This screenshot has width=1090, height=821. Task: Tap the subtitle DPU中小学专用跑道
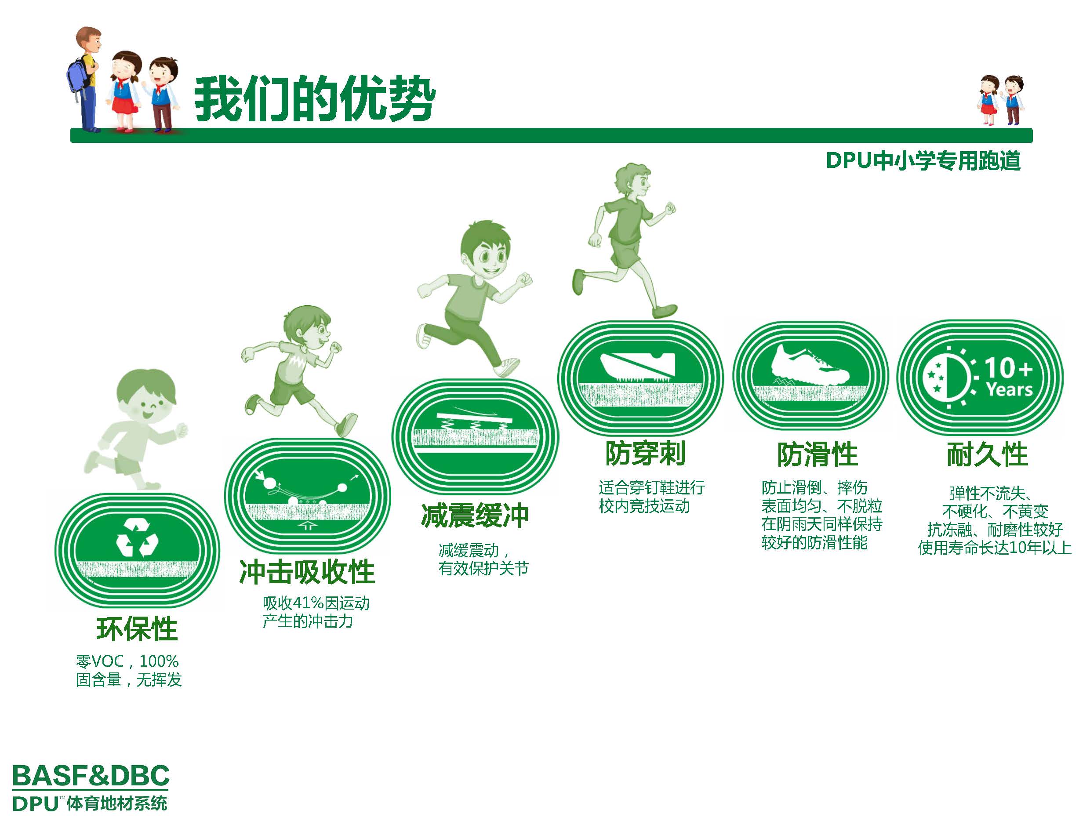click(x=923, y=161)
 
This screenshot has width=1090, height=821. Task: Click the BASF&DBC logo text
click(x=91, y=776)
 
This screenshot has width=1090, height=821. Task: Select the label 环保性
click(x=137, y=629)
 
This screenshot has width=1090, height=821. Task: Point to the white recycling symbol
click(x=138, y=538)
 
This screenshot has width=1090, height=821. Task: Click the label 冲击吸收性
click(x=307, y=572)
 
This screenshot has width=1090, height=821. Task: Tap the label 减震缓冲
click(x=475, y=516)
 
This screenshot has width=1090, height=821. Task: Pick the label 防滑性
click(x=817, y=454)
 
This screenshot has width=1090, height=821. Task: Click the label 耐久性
click(x=988, y=454)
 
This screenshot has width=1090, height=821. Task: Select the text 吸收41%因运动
click(x=316, y=603)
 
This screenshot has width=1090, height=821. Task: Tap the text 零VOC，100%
click(x=127, y=661)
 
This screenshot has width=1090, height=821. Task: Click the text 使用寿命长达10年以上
click(x=994, y=548)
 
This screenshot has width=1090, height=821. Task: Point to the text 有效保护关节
click(x=483, y=568)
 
